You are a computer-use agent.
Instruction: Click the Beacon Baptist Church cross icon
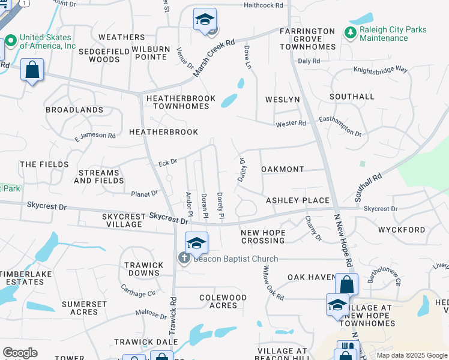tap(184, 258)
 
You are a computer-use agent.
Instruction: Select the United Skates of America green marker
tap(10, 41)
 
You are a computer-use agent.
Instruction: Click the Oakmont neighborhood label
tap(283, 170)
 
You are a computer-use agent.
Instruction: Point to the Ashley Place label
tap(298, 200)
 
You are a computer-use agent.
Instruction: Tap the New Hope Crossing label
tap(262, 236)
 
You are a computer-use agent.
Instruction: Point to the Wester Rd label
tap(291, 124)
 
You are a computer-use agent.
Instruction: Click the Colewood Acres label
tap(223, 301)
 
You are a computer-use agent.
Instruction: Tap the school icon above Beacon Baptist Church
tap(196, 244)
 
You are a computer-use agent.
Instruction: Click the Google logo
tap(20, 353)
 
